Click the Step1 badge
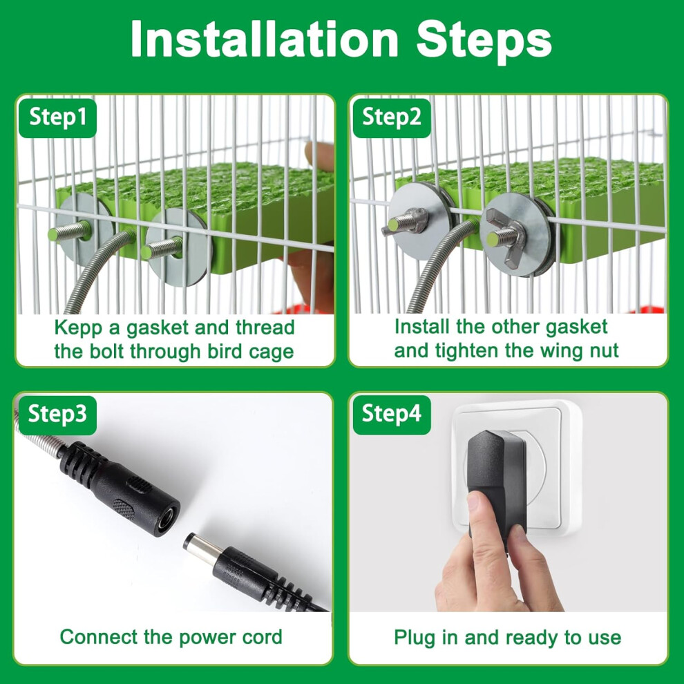(57, 117)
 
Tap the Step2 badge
(391, 117)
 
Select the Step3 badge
(57, 415)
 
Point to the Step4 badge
(391, 415)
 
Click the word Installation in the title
(265, 39)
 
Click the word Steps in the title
(484, 39)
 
